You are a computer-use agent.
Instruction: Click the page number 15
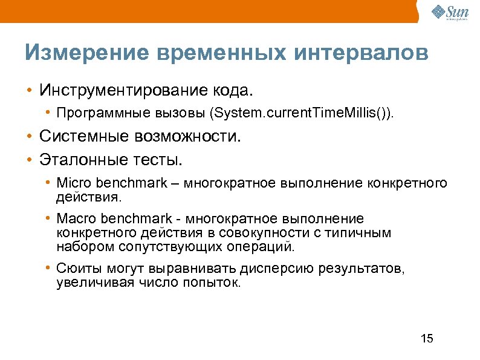[x=427, y=338]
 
